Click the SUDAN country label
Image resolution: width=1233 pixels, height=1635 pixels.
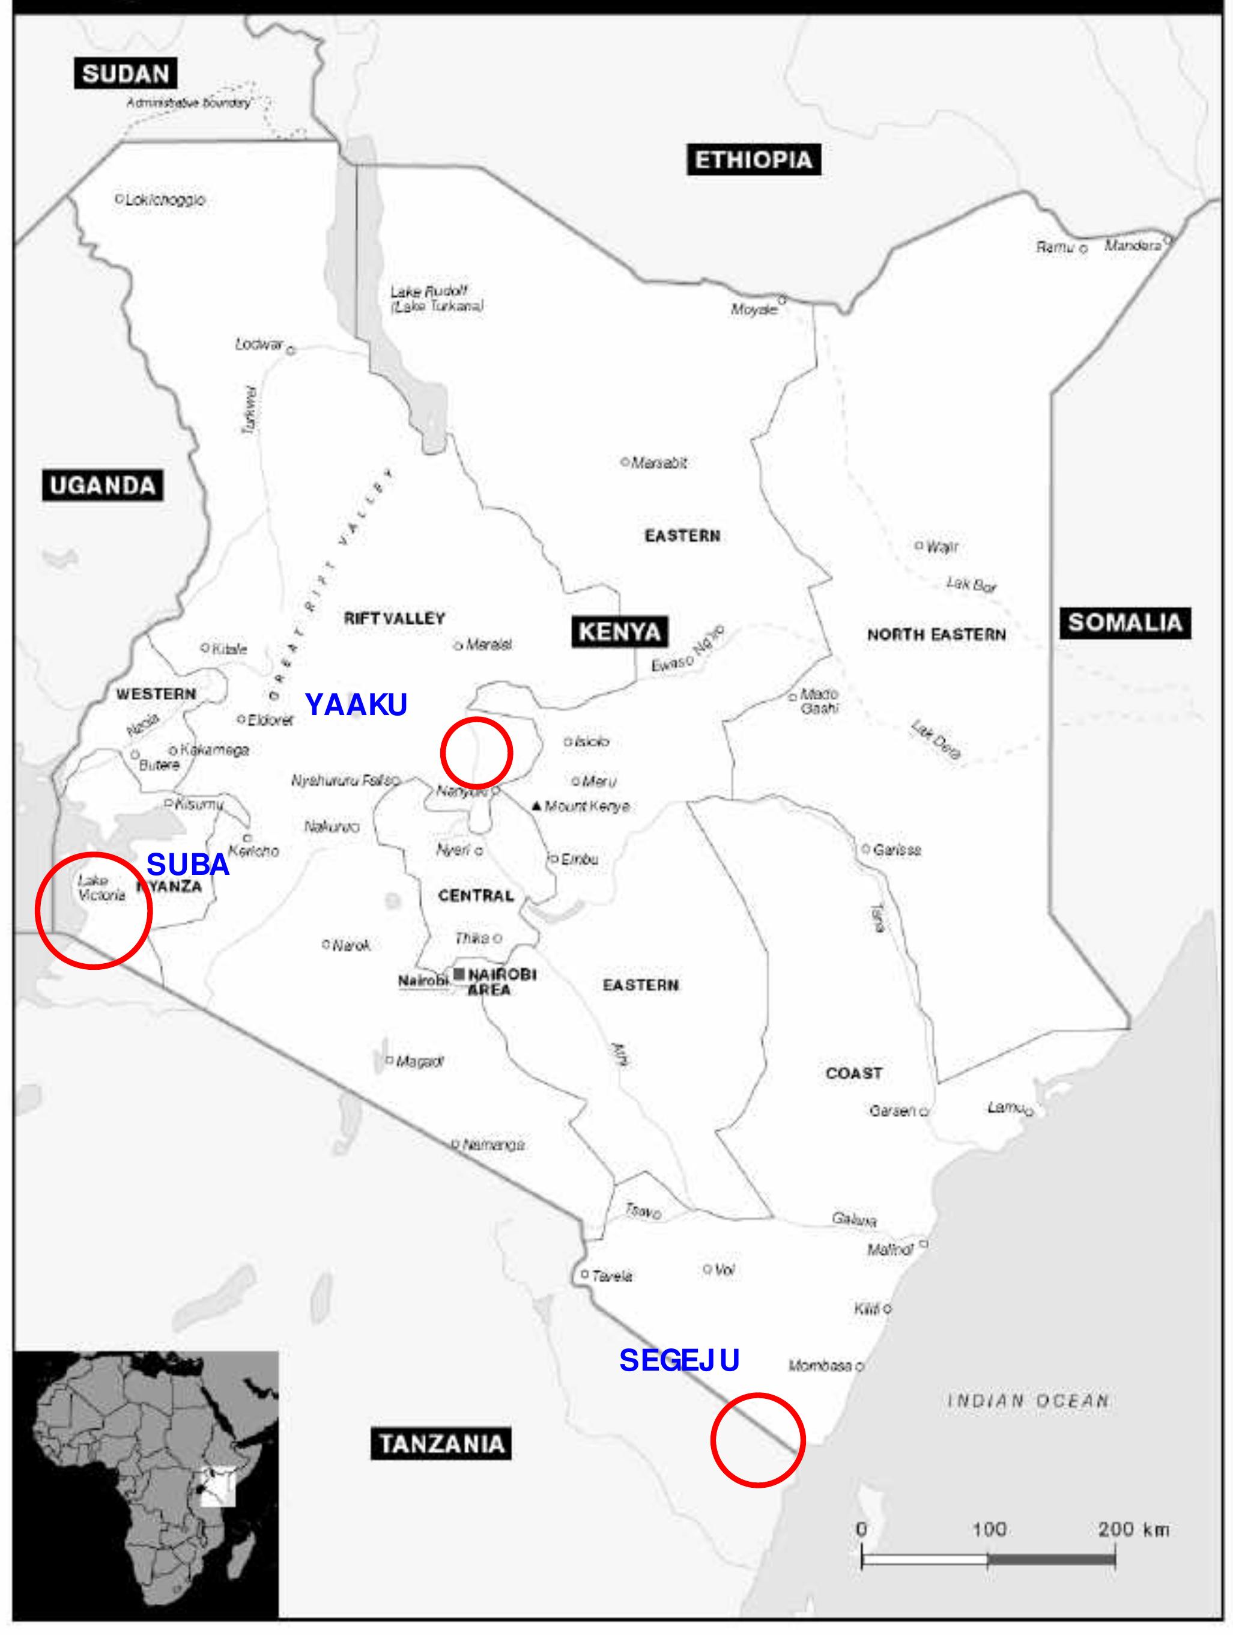pyautogui.click(x=126, y=74)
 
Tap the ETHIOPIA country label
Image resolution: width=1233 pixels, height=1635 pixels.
pyautogui.click(x=753, y=160)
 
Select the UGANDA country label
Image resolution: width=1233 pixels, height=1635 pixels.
pyautogui.click(x=103, y=486)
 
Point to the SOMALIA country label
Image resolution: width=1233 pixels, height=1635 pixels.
pyautogui.click(x=1124, y=623)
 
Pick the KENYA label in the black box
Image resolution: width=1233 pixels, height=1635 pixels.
pyautogui.click(x=619, y=632)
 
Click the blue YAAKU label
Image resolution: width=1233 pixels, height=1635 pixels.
pyautogui.click(x=356, y=704)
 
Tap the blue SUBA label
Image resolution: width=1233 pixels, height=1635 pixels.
pyautogui.click(x=187, y=864)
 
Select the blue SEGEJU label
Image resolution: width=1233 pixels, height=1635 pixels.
pyautogui.click(x=679, y=1360)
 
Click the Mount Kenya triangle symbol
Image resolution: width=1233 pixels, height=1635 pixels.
pyautogui.click(x=536, y=806)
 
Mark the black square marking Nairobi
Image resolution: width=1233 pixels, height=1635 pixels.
pyautogui.click(x=459, y=973)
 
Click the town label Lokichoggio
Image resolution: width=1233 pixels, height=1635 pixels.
pyautogui.click(x=165, y=199)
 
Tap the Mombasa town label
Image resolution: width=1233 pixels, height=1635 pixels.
pyautogui.click(x=820, y=1365)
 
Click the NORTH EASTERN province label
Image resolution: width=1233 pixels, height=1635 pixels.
pyautogui.click(x=936, y=634)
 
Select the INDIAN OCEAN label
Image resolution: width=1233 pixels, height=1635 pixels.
pyautogui.click(x=1028, y=1401)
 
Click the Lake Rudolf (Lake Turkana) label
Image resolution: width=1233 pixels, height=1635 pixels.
pyautogui.click(x=437, y=299)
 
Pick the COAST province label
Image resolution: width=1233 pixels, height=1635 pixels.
pyautogui.click(x=853, y=1073)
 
